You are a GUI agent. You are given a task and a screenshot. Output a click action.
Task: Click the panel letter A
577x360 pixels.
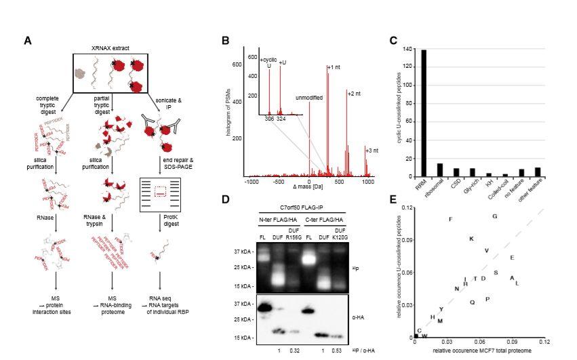pos(28,41)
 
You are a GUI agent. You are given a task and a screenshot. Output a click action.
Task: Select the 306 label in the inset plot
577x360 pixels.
pos(269,119)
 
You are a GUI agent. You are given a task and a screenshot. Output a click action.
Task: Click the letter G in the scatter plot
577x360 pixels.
pos(495,216)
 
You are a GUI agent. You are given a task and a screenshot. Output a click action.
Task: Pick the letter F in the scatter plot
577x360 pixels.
pos(451,219)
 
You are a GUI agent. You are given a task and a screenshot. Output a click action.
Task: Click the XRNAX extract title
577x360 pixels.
pos(111,49)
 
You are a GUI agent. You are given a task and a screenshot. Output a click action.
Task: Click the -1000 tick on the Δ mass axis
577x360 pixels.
pos(252,182)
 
